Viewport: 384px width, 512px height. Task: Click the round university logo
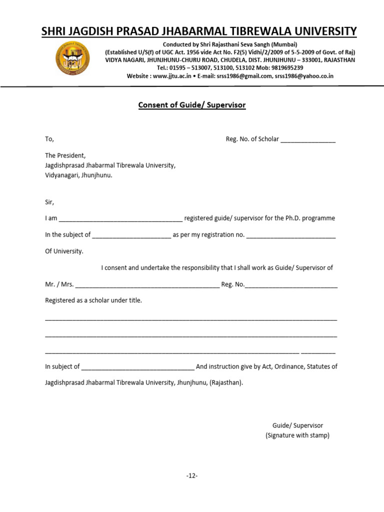coord(72,58)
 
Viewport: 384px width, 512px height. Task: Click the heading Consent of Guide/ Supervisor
coord(192,105)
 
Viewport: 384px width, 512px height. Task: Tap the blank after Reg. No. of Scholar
coord(308,139)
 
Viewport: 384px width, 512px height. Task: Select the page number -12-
coord(192,475)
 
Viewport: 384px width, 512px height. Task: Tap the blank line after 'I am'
coord(121,219)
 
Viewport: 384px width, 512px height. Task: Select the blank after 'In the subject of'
coord(131,235)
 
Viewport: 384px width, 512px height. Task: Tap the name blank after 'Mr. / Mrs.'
coord(147,285)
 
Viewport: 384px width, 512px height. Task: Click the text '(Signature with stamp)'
coord(297,435)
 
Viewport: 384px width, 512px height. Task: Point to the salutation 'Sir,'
coord(49,202)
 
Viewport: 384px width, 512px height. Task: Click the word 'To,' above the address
coord(49,139)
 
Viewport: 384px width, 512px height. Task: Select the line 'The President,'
coord(65,155)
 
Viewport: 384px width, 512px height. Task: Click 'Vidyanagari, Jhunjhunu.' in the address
coord(79,175)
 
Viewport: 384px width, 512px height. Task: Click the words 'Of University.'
coord(64,251)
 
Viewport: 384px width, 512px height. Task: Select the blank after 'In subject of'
coord(137,367)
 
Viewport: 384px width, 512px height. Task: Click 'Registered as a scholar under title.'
coord(93,300)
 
